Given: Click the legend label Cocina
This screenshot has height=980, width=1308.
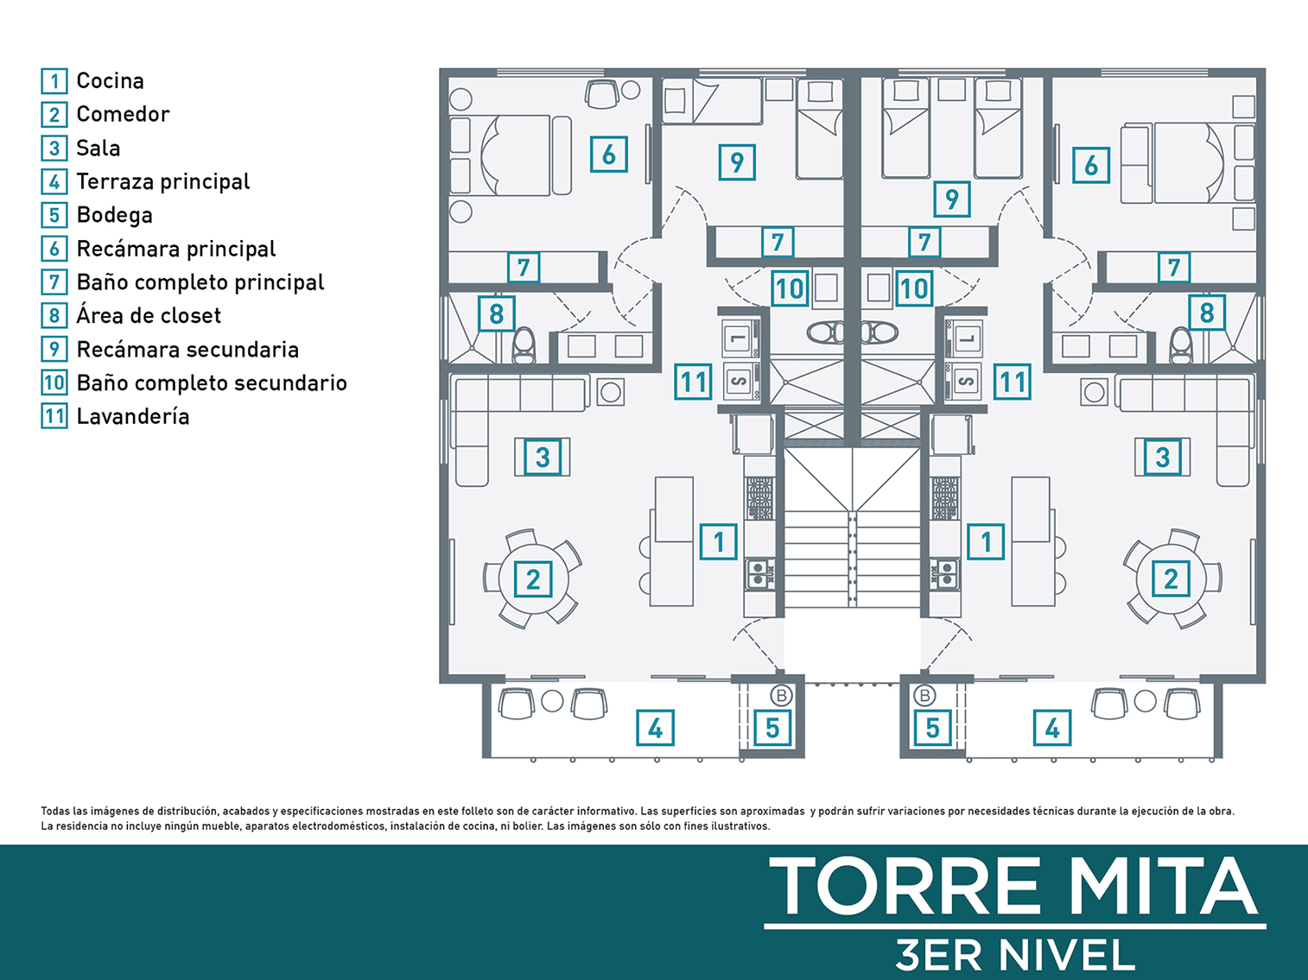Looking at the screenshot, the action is click(x=111, y=81).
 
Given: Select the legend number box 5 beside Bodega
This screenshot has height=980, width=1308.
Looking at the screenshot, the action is click(x=54, y=215).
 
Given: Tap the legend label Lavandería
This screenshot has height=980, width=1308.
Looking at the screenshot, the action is click(x=133, y=416).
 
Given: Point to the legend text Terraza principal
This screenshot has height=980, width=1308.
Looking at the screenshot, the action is click(x=163, y=181).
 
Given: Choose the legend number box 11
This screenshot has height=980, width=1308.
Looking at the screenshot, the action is click(x=54, y=416).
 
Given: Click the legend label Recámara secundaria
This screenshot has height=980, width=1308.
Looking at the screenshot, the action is click(x=187, y=350).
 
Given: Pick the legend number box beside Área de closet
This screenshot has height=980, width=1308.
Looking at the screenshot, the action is click(x=54, y=315).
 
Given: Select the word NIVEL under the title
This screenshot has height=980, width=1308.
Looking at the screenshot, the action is click(x=1067, y=954).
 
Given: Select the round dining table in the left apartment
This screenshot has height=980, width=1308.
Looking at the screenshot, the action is click(x=533, y=579).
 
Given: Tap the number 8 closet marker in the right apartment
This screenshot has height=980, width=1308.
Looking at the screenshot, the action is click(x=1207, y=313).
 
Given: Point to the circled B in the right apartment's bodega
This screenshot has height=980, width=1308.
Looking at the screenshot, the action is click(x=924, y=695).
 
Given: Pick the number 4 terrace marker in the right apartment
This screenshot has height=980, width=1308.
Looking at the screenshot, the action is click(x=1052, y=728).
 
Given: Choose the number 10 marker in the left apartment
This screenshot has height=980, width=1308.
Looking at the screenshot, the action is click(x=790, y=288).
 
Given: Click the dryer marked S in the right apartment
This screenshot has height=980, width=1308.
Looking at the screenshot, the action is click(x=964, y=381).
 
